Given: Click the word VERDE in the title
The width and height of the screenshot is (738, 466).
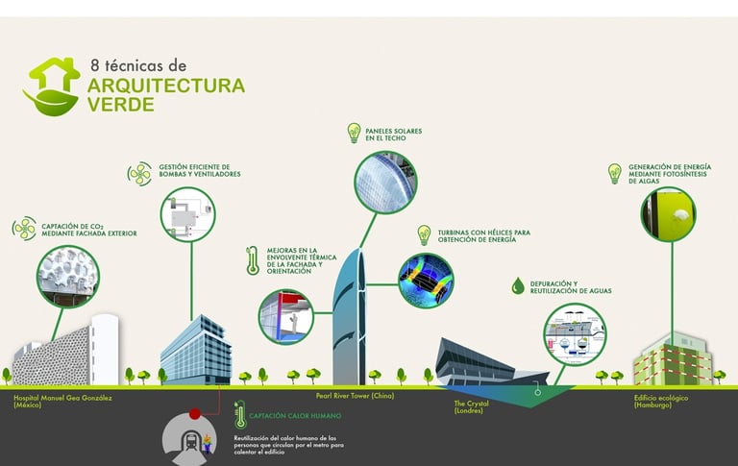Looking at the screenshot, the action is (x=120, y=105).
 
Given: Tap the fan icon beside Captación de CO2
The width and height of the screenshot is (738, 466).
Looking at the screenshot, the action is (x=24, y=229).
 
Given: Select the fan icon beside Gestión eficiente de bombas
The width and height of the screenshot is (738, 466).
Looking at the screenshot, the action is (x=139, y=173).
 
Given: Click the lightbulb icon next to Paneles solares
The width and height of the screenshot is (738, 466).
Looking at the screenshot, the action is (x=352, y=133).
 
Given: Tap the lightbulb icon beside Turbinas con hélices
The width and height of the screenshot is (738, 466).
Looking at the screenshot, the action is (x=423, y=235).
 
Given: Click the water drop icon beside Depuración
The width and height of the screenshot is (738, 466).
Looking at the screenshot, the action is (x=518, y=285).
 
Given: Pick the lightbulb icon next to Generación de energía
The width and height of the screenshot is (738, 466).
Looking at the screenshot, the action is (x=615, y=173).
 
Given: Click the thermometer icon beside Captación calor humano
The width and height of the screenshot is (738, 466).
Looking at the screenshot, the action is (x=239, y=416).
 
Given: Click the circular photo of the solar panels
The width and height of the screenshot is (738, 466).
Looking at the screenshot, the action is (x=384, y=183).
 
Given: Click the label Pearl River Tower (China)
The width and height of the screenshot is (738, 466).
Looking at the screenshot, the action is (x=355, y=395).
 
